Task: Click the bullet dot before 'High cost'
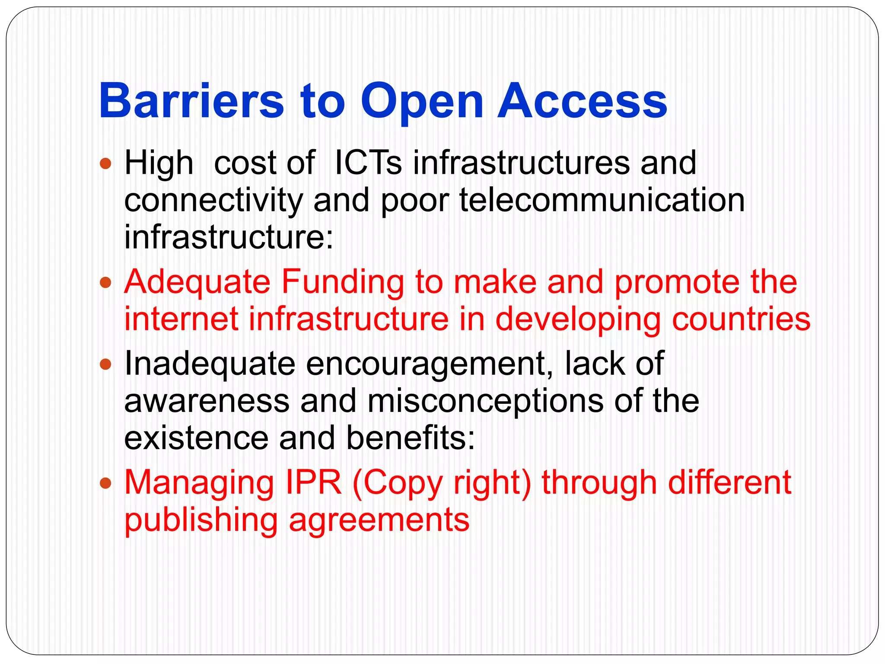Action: (105, 164)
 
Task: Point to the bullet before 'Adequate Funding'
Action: (105, 283)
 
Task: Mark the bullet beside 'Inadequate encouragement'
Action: (105, 364)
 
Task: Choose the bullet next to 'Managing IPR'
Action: (105, 483)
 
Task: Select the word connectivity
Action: (213, 201)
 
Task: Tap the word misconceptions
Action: (485, 401)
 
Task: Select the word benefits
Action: (410, 438)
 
